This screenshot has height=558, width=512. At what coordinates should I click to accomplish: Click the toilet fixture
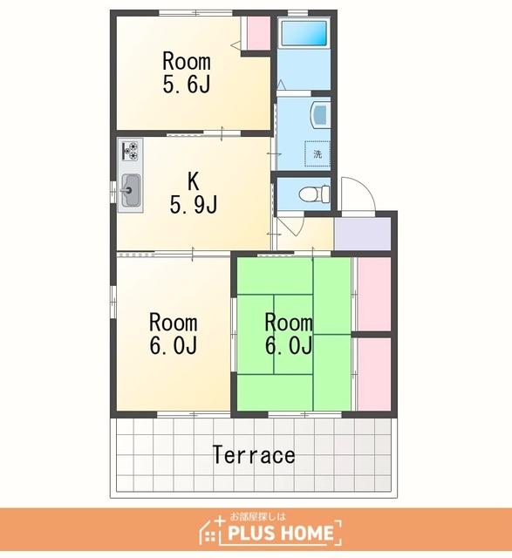[314, 194]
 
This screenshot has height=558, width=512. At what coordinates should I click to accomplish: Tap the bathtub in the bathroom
[304, 33]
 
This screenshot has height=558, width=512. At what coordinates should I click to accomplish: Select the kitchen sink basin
[130, 191]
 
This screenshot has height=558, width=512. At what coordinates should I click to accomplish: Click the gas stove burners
[130, 151]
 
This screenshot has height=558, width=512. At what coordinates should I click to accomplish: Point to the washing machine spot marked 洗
[317, 153]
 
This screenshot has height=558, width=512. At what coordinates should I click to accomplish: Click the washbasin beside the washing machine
[319, 114]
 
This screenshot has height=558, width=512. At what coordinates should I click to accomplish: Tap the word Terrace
[254, 455]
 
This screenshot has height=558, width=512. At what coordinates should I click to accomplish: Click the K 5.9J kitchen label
[194, 194]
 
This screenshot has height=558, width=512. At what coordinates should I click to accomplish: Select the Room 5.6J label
[187, 72]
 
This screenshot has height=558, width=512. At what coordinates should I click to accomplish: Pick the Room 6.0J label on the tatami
[289, 334]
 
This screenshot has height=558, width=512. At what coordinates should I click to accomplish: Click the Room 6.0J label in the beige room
[173, 334]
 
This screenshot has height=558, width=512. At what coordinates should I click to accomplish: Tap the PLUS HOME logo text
[281, 533]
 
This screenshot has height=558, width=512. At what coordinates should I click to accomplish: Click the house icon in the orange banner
[211, 530]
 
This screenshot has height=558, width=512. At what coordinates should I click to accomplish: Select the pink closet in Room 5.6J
[258, 33]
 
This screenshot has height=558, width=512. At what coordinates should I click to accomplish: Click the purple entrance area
[363, 234]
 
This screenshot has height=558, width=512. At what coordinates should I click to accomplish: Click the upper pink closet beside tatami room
[374, 295]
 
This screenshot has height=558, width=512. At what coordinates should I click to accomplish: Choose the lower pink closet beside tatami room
[374, 374]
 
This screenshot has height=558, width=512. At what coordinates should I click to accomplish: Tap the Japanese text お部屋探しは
[258, 516]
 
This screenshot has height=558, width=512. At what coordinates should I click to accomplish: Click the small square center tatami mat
[293, 334]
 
